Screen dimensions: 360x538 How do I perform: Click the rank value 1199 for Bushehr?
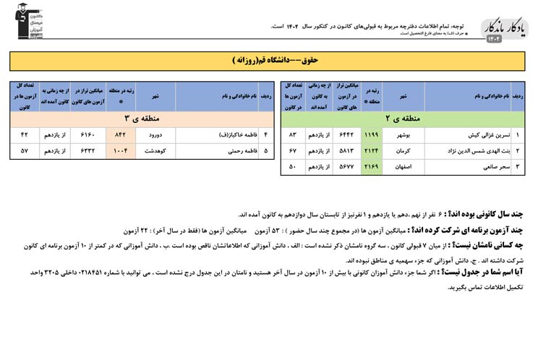point(371,134)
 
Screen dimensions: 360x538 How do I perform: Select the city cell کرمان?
point(402,150)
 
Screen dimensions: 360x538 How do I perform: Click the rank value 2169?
point(371,167)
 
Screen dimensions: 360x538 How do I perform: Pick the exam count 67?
point(293,150)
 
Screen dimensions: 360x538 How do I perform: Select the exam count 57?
point(25,151)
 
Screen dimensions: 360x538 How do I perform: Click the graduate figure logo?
point(21,20)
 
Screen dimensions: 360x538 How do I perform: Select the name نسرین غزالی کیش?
point(475,134)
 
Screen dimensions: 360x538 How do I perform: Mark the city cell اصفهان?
point(402,167)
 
